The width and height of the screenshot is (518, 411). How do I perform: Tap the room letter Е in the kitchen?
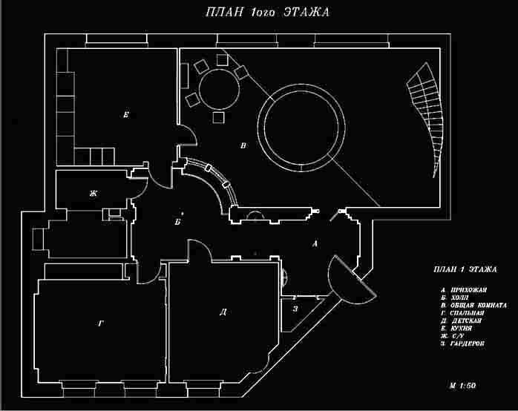click(x=127, y=115)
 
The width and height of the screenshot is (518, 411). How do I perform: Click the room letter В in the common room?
click(x=243, y=146)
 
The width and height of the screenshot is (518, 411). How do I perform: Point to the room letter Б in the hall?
click(x=177, y=221)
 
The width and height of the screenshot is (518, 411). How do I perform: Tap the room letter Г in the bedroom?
click(x=100, y=323)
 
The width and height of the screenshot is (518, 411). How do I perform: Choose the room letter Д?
click(x=223, y=312)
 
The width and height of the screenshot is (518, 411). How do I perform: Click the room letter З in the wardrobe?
click(x=295, y=309)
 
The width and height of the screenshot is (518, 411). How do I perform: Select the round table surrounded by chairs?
click(x=217, y=89)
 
